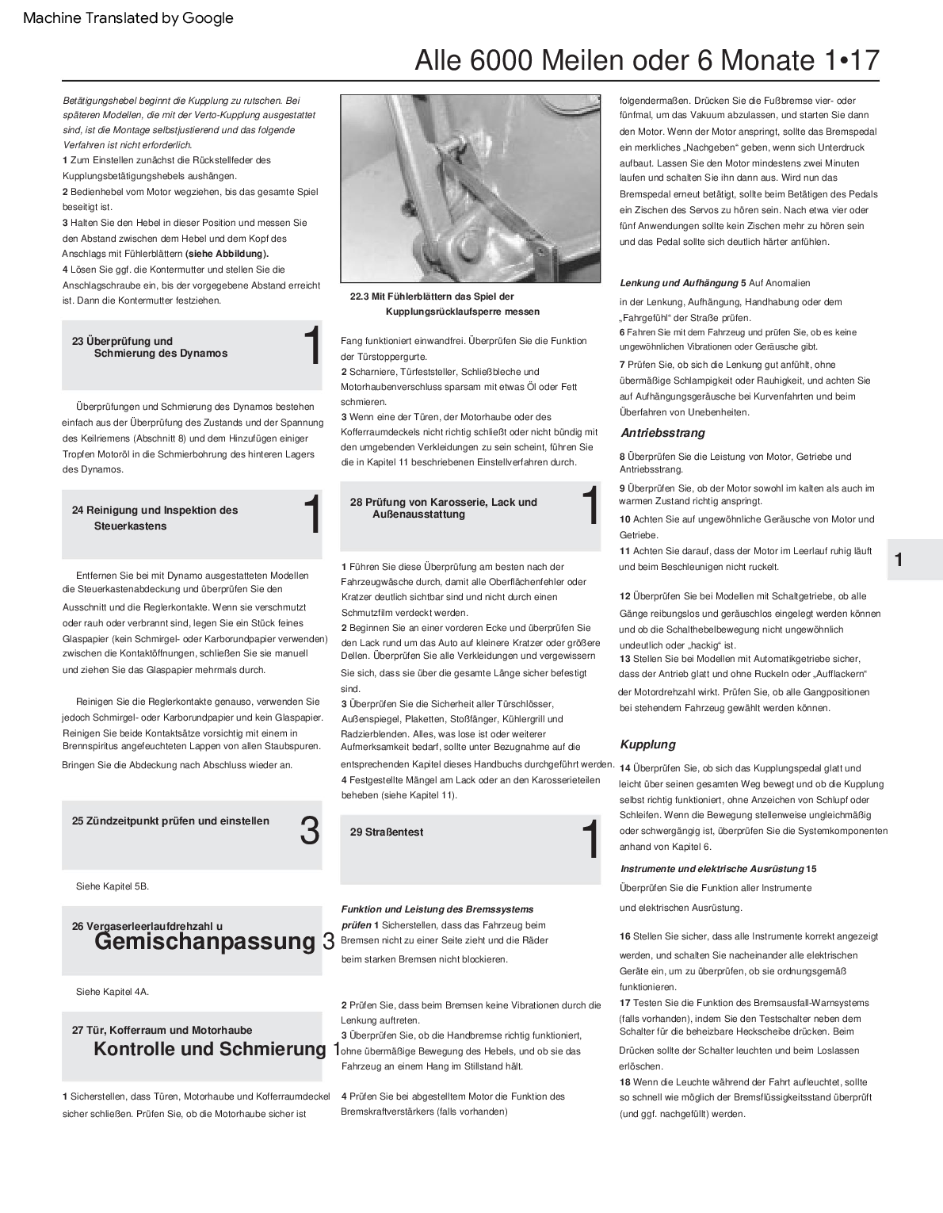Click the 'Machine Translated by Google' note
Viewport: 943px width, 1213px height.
coord(128,18)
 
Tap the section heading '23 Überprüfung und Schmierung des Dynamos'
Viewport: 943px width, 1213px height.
coord(151,347)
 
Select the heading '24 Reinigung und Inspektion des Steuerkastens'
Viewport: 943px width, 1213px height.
coord(155,518)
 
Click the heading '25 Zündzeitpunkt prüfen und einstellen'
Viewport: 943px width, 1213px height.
coord(170,821)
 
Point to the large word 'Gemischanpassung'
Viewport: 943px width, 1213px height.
coord(204,942)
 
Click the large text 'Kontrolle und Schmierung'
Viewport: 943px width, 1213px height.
coord(210,1049)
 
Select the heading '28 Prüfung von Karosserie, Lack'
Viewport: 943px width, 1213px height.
coord(444,508)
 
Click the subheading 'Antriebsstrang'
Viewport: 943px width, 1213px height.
coord(662,433)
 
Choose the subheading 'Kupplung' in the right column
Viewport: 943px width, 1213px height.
coord(647,744)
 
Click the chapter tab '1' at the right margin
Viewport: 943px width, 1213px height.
coord(899,560)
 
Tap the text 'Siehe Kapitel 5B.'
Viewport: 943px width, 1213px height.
coord(112,886)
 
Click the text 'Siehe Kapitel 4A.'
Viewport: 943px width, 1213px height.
coord(112,991)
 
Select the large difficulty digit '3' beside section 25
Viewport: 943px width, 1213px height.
coord(310,831)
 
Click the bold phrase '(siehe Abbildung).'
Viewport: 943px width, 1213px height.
coord(227,254)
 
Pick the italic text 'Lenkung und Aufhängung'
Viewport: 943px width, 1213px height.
coord(678,283)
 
